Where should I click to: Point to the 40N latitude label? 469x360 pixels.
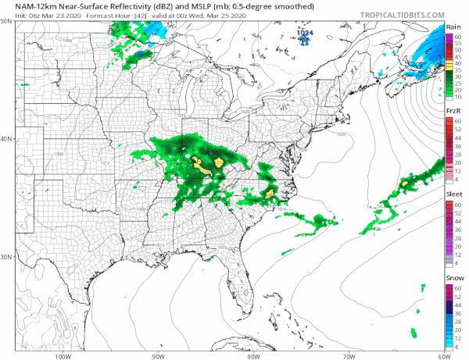coord(6,139)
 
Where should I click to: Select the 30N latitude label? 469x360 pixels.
coord(6,256)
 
